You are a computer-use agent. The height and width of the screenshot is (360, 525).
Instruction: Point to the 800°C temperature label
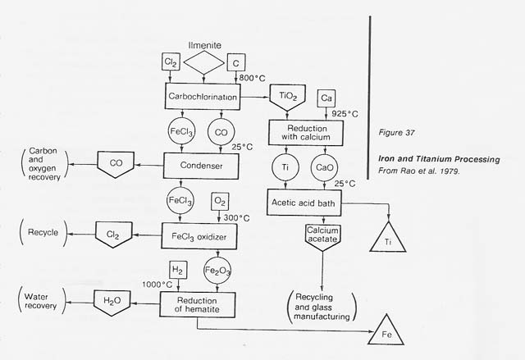tap(249, 77)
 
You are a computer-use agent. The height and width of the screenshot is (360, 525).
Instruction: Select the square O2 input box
tap(221, 201)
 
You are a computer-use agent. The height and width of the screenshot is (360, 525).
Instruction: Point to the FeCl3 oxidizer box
tap(202, 235)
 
